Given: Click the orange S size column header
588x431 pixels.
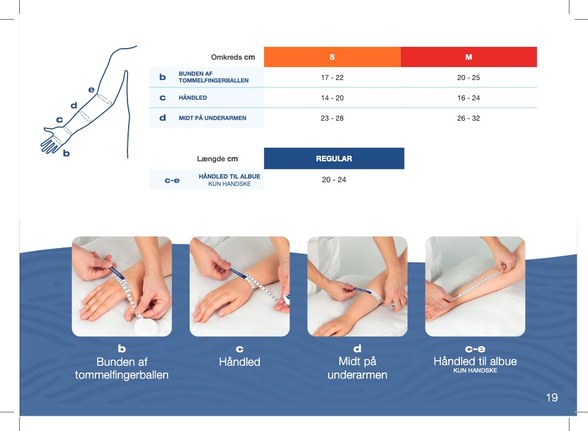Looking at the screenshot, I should pos(332,57).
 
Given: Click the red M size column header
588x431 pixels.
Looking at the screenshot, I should pos(469,57).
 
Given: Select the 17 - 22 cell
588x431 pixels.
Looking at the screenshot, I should pos(332,78).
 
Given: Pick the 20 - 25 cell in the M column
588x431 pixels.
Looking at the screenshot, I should pos(469,78).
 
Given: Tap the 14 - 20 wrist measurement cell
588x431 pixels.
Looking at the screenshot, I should pos(332,98).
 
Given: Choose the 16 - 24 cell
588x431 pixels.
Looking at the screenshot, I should pos(469,98).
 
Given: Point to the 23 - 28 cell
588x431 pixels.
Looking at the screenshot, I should pos(332,118).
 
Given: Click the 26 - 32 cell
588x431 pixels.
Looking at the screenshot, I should pos(469,118).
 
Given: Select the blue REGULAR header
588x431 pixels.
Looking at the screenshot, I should pos(334,158).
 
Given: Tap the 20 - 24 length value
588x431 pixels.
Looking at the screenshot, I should pos(334,180).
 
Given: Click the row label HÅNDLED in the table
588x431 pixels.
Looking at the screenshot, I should pos(193,98).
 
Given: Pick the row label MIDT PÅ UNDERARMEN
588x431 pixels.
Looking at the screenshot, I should pos(212,118).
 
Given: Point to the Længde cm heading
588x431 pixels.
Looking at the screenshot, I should pos(217,159).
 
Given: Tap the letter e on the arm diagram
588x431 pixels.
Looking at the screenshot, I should pos(91,90).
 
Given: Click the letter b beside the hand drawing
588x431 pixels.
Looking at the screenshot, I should pos(66,153).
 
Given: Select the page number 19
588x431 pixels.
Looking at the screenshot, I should pos(552,397).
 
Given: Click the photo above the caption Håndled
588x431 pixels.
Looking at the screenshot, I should pos(240,286).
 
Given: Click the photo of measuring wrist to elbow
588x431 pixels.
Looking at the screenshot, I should pos(475,286).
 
